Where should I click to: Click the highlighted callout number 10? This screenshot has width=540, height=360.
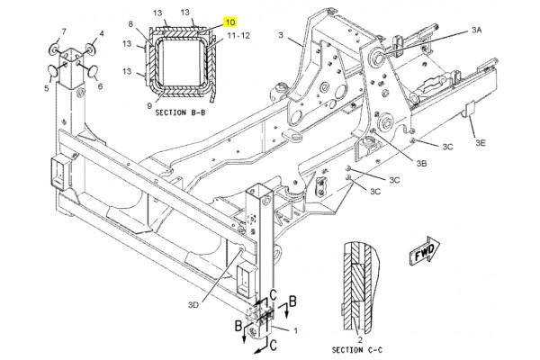point(230,22)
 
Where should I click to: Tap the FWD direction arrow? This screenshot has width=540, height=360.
point(425,251)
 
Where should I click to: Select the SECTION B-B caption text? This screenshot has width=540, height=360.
point(180,112)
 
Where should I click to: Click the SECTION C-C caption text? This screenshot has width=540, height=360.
point(357,350)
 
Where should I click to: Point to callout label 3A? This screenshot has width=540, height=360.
point(476,31)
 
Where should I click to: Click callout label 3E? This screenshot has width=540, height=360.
point(481,142)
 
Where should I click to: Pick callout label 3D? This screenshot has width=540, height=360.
point(193,305)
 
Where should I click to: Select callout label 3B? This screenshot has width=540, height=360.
point(421,163)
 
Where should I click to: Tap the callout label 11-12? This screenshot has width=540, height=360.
point(238,35)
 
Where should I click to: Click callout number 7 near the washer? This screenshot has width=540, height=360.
point(64,31)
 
